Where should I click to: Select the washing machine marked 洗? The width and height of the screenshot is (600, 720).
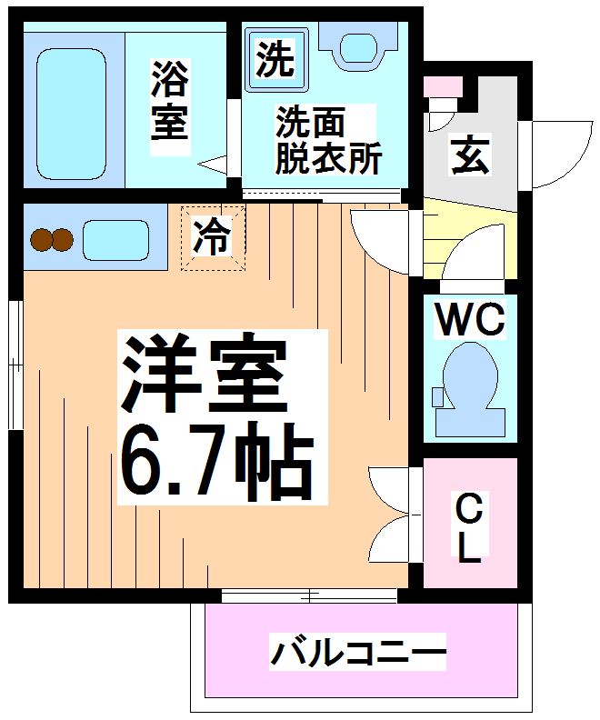(275, 59)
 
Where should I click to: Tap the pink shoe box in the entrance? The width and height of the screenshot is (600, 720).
(443, 87)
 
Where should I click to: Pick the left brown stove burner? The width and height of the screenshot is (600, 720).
(41, 240)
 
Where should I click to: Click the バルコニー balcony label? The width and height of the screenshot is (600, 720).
(358, 652)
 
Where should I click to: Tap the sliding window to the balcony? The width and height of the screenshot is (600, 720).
(310, 596)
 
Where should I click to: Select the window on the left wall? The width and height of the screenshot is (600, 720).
(15, 364)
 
